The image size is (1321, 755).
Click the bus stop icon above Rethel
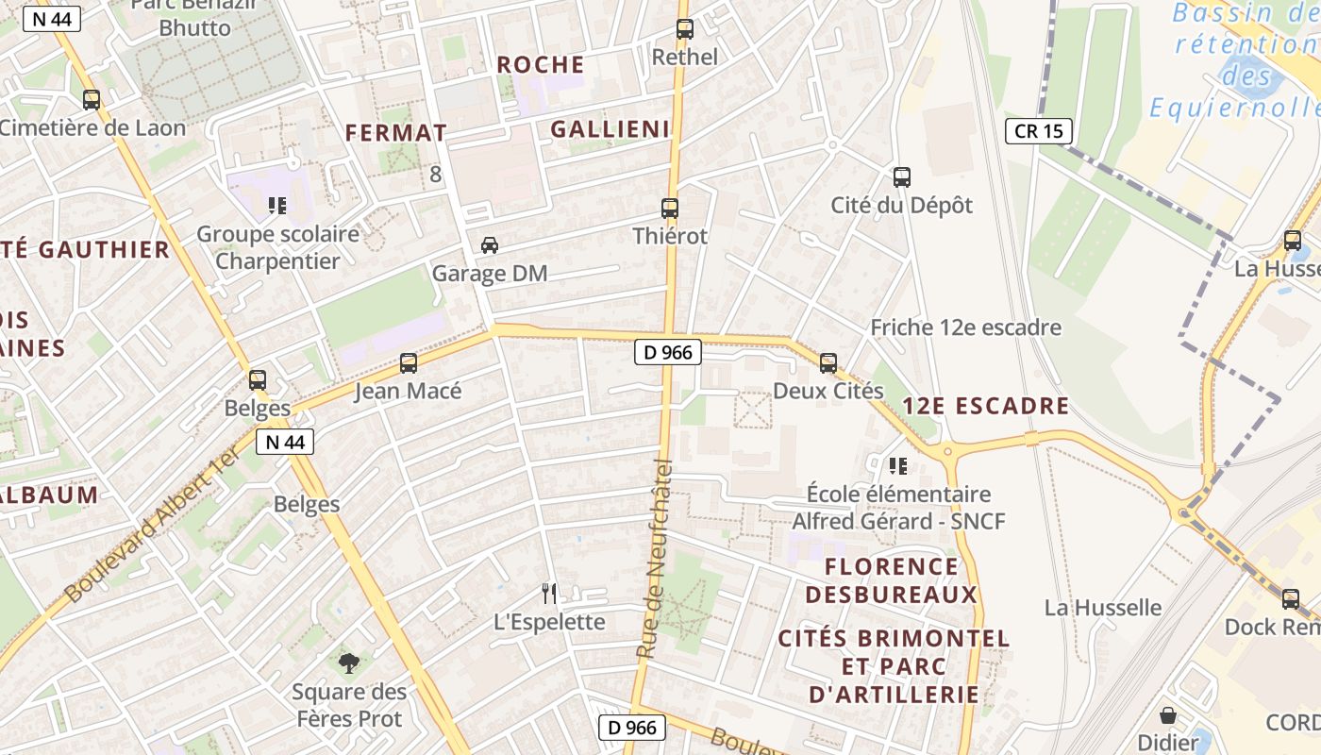coord(685,29)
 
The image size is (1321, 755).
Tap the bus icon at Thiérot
coord(670,209)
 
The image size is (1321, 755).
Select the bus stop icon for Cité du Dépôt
coord(902,177)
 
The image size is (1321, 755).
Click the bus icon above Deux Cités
coord(828,363)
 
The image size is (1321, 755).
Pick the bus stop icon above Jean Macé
coord(409,363)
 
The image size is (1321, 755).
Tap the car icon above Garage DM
coord(490,245)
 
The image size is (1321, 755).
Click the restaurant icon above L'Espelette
coord(549,594)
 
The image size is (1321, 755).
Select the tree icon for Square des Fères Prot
coord(349,663)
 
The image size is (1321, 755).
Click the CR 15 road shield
coord(1039,131)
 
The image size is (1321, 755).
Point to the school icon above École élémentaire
coord(898,465)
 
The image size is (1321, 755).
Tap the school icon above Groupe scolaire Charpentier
coord(277,205)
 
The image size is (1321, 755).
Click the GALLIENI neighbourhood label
coord(610,129)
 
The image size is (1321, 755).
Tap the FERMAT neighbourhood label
coord(395,133)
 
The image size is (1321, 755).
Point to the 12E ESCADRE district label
coord(985,407)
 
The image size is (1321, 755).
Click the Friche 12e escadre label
coord(965,327)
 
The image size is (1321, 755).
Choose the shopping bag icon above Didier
coord(1168,715)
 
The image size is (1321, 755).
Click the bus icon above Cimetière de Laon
coord(92,99)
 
